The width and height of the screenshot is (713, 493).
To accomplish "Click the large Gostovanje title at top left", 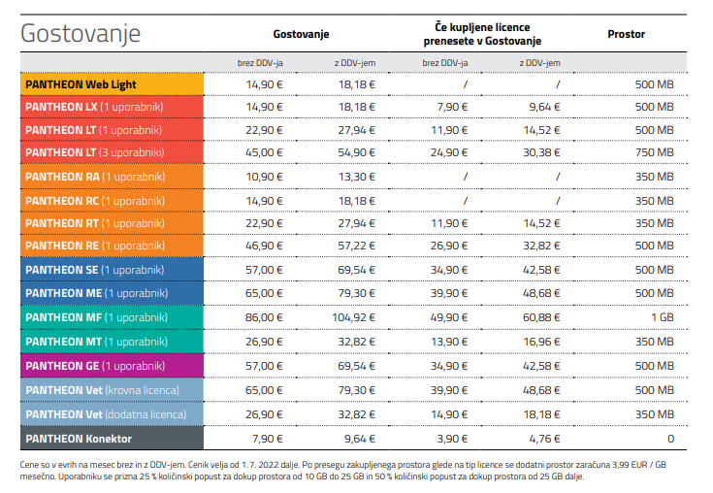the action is pos(81,34).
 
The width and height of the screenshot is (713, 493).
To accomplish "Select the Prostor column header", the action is pos(626,34).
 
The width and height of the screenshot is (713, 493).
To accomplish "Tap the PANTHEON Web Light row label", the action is pos(81,84).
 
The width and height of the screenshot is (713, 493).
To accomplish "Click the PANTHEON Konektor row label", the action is pos(79,439).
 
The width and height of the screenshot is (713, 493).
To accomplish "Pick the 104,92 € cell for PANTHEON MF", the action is pos(353,317).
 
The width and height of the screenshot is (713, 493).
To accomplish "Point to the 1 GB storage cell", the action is pos(662,317).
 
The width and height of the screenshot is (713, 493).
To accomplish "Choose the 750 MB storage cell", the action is pos(655,152).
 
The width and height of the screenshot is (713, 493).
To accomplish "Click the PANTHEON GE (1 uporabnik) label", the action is pos(95,366).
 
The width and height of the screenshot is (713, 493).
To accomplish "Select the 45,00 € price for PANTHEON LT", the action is pos(264,152).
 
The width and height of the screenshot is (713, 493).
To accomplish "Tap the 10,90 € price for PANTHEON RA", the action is pos(264,177).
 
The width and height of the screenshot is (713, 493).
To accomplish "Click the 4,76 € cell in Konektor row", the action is pos(544,439).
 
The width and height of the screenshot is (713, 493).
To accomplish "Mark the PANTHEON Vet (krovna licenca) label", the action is pos(102,390).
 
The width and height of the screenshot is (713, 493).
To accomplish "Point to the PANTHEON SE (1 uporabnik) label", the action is pos(95,270).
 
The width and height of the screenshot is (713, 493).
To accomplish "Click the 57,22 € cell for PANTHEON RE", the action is pos(357,246).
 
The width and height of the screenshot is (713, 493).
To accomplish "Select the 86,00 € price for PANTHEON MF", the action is pos(264,317).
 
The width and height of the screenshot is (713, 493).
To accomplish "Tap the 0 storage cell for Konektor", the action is pos(670,439).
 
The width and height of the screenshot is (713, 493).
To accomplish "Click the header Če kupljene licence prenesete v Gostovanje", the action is pos(482,34).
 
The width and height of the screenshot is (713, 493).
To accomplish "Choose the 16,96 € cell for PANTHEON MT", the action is pos(541,342).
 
